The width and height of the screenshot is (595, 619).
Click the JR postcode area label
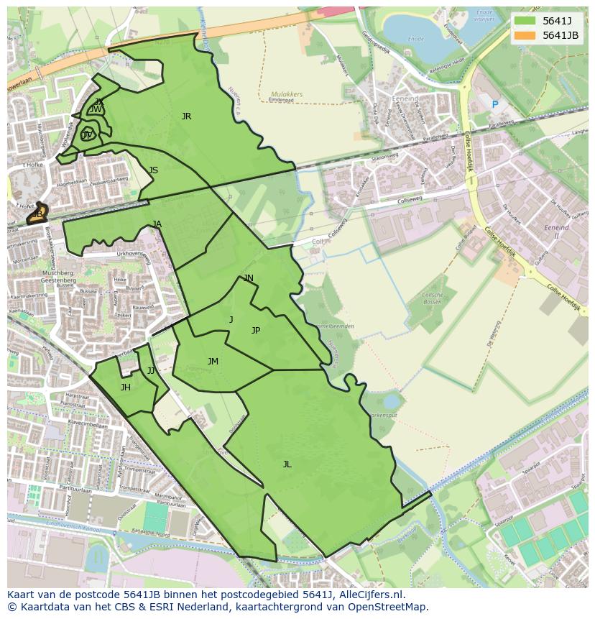point(186,116)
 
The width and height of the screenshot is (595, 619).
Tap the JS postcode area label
point(153,170)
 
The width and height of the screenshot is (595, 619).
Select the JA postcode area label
point(157,224)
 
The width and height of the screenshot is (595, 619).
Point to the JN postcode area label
point(248,278)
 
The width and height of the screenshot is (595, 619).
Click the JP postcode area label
point(255,331)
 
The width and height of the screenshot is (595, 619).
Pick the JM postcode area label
point(213,362)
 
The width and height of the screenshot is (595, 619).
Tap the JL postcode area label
point(287,464)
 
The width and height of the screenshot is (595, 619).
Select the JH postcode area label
point(125,388)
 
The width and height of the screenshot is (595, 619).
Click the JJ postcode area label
point(151,371)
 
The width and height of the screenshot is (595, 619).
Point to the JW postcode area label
point(96,109)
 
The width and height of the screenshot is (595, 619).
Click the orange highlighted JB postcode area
point(37,214)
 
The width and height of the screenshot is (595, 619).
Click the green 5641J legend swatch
point(525,21)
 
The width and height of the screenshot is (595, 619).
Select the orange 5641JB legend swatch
point(525,35)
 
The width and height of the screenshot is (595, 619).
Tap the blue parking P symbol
point(494,105)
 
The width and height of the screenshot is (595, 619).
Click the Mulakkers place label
point(287,93)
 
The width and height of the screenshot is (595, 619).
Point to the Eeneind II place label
point(556,231)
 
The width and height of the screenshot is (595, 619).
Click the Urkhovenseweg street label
point(137,253)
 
